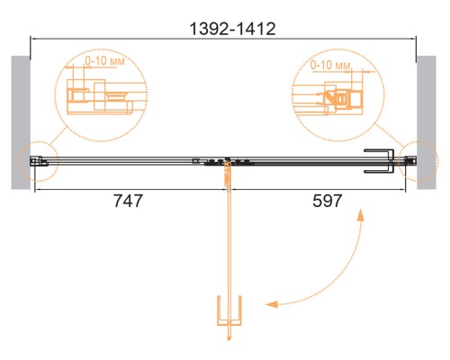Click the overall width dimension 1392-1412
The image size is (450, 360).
pyautogui.click(x=232, y=29)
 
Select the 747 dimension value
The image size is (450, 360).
pyautogui.click(x=128, y=201)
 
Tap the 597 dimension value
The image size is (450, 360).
pyautogui.click(x=328, y=201)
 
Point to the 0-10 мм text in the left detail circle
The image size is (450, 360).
pyautogui.click(x=104, y=61)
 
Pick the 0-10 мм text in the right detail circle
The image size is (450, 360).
pyautogui.click(x=330, y=65)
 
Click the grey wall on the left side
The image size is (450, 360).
pyautogui.click(x=21, y=122)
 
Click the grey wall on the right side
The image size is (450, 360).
pyautogui.click(x=427, y=122)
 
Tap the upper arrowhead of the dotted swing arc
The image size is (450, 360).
pyautogui.click(x=360, y=215)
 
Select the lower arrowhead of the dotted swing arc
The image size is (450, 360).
pyautogui.click(x=272, y=304)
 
